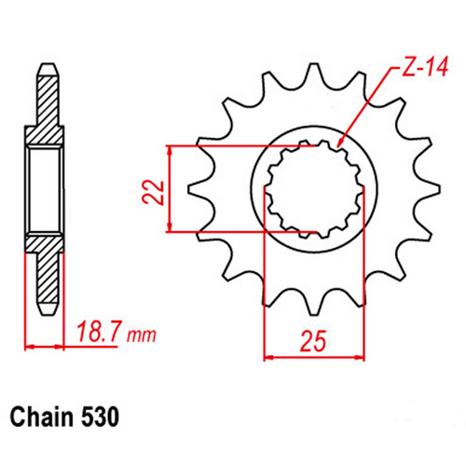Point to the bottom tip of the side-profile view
pos(46,308)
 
